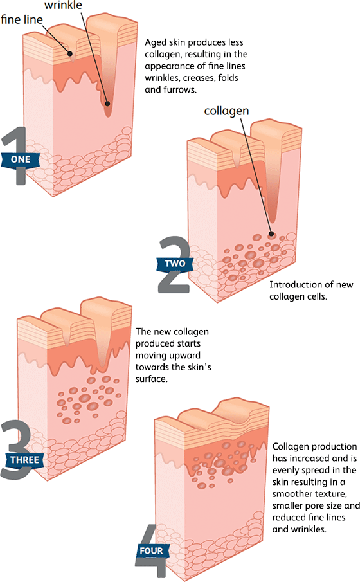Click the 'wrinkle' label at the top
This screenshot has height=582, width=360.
pos(63,5)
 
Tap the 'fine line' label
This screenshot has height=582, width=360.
pos(22,19)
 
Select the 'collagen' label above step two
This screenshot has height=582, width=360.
pos(226,111)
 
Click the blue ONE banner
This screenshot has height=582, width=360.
pos(21,159)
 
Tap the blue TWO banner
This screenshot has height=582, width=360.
pos(175,264)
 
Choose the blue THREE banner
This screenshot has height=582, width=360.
pos(24,460)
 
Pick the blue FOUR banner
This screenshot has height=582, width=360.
pos(151,550)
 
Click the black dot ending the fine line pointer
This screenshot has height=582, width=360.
pos(70,53)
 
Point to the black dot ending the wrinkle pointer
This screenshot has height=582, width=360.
pos(107,104)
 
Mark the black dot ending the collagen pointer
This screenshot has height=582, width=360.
pos(271,234)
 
